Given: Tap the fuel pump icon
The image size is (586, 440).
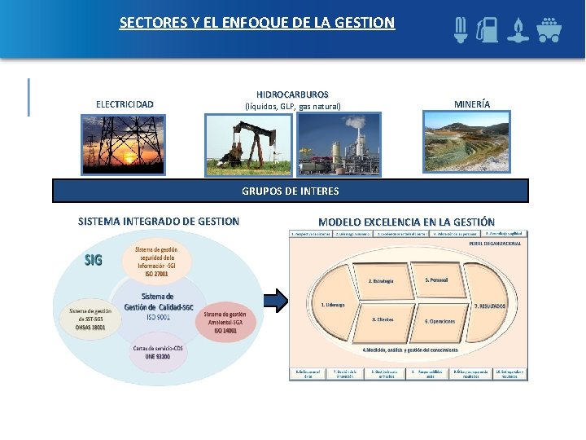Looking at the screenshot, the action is pyautogui.click(x=488, y=29).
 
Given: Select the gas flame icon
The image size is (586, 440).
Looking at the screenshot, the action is pyautogui.click(x=518, y=29).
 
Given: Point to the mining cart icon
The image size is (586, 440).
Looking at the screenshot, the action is pyautogui.click(x=548, y=29).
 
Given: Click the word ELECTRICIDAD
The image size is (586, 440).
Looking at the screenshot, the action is pyautogui.click(x=125, y=104).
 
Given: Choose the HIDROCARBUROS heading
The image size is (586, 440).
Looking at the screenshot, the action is pyautogui.click(x=292, y=95).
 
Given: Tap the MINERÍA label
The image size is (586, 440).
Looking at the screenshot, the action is pyautogui.click(x=472, y=104).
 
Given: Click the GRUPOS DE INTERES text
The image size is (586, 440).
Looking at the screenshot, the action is pyautogui.click(x=291, y=191).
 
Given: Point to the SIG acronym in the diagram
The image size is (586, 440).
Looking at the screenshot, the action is pyautogui.click(x=94, y=260).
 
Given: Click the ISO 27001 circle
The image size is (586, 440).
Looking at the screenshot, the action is pyautogui.click(x=159, y=259).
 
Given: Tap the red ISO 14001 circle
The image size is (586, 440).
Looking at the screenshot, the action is pyautogui.click(x=225, y=322).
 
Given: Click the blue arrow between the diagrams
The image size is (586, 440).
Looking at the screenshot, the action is pyautogui.click(x=277, y=300).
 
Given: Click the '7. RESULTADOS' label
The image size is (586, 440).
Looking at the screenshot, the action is pyautogui.click(x=489, y=305).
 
